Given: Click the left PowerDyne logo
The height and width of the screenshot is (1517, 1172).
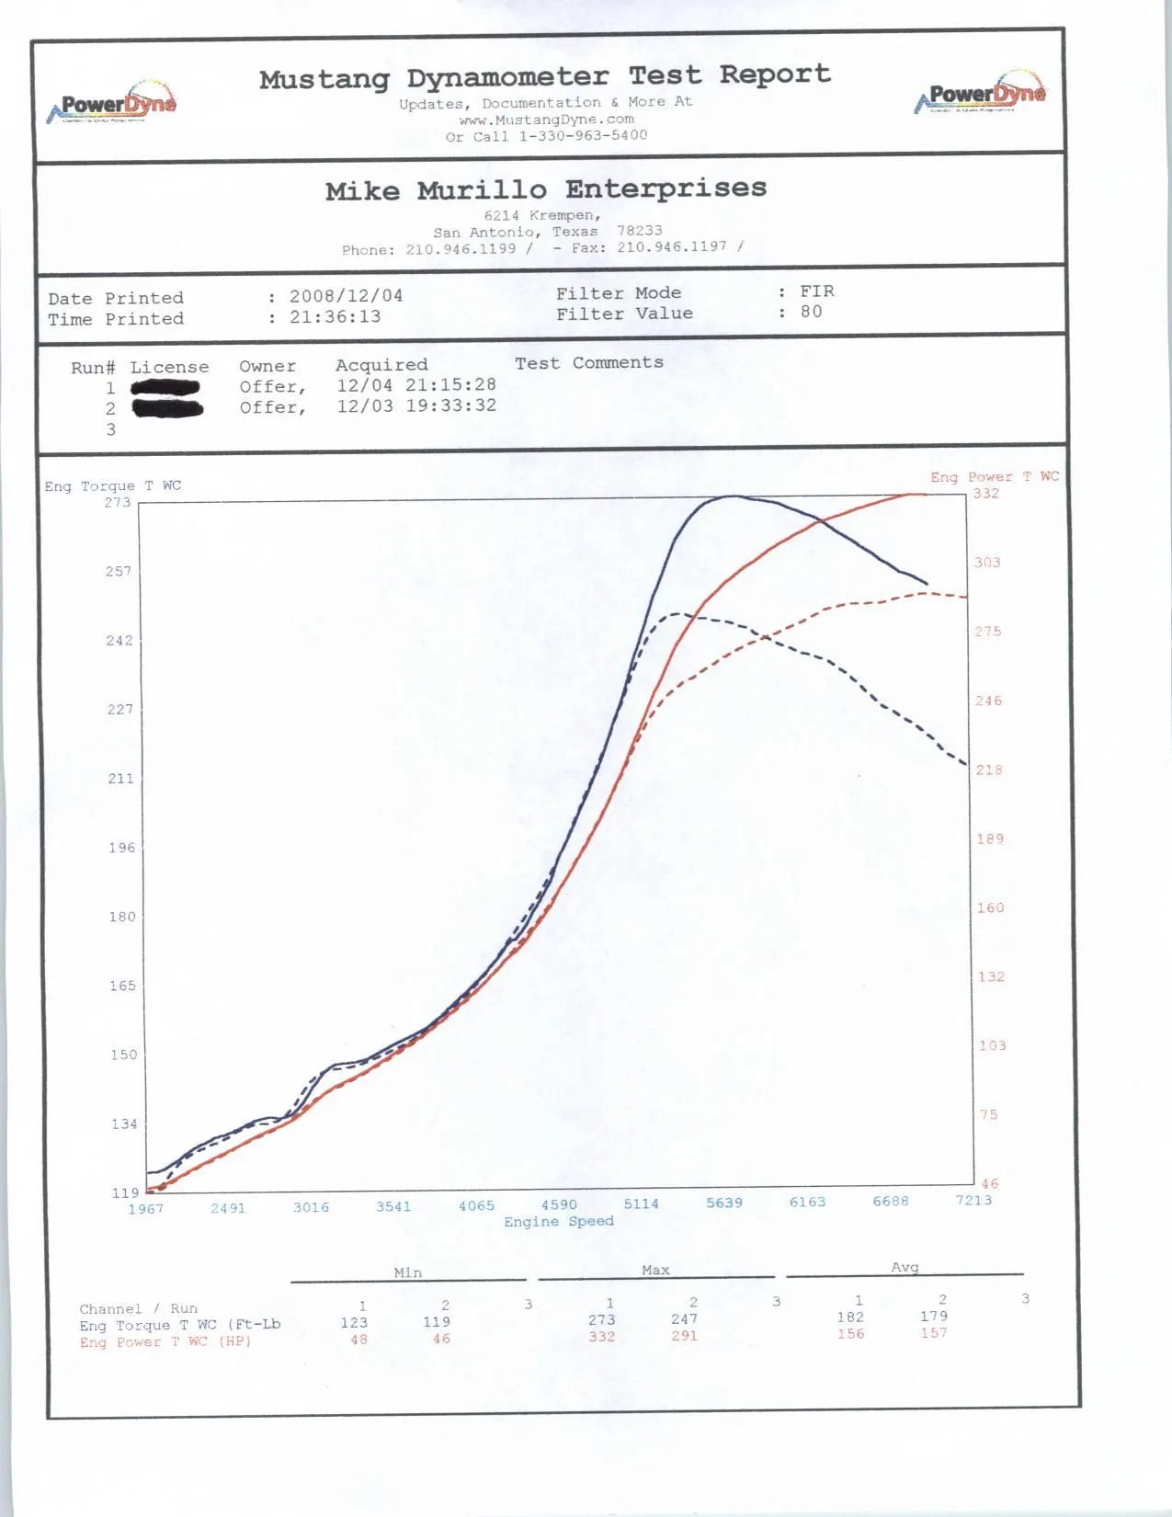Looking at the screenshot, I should coord(112,105).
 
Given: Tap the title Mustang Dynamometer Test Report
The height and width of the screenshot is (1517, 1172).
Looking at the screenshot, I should coord(544,76).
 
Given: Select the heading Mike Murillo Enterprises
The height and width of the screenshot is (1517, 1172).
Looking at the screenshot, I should coord(545,190).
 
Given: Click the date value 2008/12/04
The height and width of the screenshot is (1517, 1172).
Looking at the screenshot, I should coord(346,296).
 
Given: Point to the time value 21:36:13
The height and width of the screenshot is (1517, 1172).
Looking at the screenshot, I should coord(335,317).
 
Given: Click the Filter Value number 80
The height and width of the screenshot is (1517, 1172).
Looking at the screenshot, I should coord(811,312).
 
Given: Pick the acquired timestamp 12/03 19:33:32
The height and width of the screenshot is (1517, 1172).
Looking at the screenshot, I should coord(415,405).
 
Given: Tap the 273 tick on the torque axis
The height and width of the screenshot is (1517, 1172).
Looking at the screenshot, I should coord(118,502).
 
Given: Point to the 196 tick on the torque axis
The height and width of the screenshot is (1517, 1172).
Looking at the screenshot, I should coord(121,848).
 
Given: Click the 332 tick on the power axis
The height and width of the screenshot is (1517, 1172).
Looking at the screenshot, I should coord(985,494).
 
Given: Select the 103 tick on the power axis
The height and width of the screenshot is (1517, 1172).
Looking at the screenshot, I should coord(992,1045).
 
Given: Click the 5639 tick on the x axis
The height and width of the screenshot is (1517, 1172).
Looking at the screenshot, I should coord(724,1203).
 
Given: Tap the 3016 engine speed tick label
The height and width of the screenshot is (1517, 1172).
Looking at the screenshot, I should coord(311,1207).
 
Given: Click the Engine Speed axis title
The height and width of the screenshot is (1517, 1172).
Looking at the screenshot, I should coord(558,1222).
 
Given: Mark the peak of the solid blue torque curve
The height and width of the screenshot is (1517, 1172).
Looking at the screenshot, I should coord(732,496).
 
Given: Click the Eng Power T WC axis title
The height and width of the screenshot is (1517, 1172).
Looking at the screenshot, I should coord(994,476).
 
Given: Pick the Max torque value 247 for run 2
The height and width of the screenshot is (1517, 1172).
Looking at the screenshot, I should coord(684,1319).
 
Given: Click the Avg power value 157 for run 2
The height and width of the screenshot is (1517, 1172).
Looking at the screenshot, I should coord(933,1333).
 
